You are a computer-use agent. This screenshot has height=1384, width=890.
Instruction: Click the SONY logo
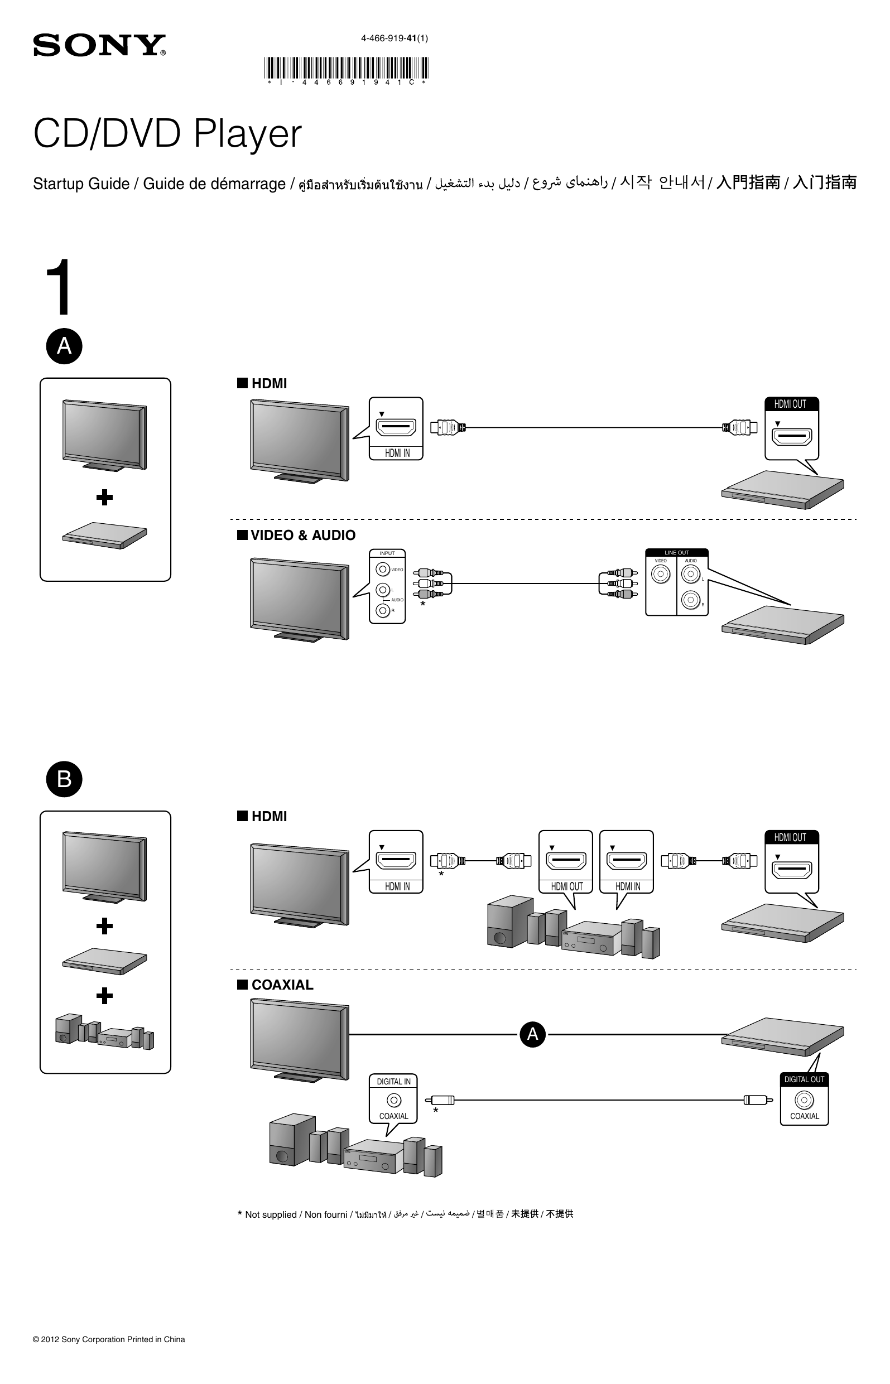99,45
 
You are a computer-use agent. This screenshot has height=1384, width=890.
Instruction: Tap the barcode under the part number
345,68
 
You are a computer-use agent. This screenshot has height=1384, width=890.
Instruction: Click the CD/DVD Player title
167,134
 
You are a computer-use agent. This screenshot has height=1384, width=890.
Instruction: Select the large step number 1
60,287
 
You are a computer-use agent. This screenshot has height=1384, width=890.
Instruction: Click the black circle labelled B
64,779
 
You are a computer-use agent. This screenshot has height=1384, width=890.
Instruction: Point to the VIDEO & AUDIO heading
303,536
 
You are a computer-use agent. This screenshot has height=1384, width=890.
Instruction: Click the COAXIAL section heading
282,985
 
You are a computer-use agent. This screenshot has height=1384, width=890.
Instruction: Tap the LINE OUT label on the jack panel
676,553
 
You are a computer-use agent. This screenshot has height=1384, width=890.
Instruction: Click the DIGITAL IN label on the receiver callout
393,1081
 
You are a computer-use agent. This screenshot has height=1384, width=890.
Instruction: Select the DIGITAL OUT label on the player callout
804,1079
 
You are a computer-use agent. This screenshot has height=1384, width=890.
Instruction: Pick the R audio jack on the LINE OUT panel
691,600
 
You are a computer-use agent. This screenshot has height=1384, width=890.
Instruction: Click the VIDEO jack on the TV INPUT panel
383,570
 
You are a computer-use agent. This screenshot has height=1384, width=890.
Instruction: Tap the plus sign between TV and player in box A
104,498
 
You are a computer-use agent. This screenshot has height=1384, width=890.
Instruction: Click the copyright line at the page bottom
109,1339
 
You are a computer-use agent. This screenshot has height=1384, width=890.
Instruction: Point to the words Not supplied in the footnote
271,1215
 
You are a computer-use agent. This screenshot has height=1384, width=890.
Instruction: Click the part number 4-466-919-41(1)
394,38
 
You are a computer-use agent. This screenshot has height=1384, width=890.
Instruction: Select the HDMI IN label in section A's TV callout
397,454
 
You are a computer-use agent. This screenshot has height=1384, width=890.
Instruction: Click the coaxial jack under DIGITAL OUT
804,1100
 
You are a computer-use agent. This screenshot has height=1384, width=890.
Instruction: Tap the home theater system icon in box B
104,1031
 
